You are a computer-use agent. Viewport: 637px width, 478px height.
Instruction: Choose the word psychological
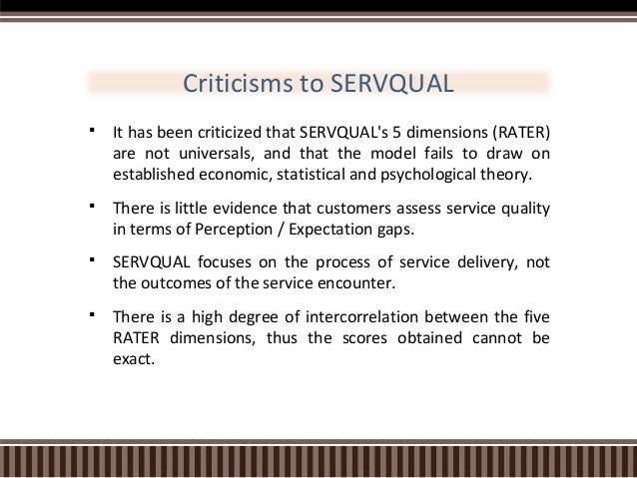coord(418,175)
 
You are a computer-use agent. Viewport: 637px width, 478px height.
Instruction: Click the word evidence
coord(241,208)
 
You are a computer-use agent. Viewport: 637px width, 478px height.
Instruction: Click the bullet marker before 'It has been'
coord(91,130)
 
